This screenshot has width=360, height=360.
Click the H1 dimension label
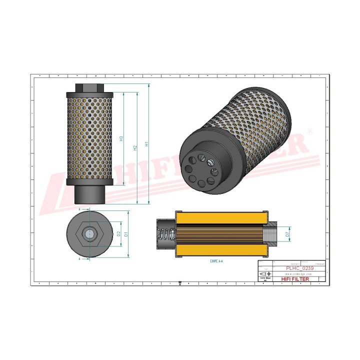pyautogui.click(x=146, y=144)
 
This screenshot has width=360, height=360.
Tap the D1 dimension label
pyautogui.click(x=126, y=233)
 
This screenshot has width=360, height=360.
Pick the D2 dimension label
pyautogui.click(x=118, y=233)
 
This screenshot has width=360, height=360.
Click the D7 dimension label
pyautogui.click(x=287, y=233)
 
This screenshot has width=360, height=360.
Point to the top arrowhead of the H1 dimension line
pyautogui.click(x=149, y=85)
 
